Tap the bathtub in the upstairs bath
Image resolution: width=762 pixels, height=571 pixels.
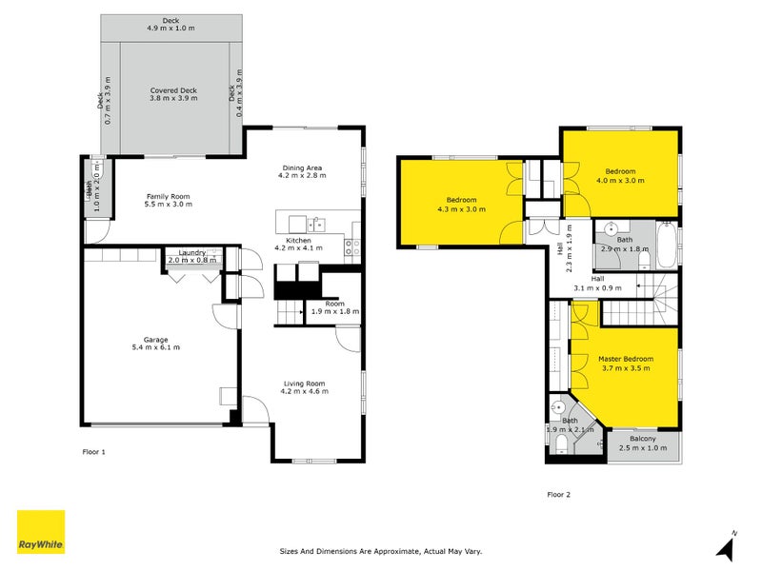[668, 246]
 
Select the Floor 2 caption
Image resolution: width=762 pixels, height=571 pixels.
[558, 494]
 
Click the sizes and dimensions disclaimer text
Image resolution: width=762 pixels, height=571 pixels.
[381, 550]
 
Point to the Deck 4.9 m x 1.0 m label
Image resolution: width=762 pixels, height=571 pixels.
[170, 24]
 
